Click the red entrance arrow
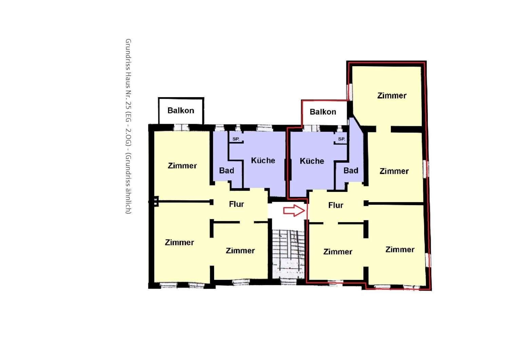coord(294,211)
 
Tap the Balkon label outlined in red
coord(323,112)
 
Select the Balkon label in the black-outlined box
coord(181,110)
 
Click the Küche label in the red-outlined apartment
coord(312,161)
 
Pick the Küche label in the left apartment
coord(263,161)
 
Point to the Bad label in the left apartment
coord(227,170)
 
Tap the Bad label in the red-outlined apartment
coord(351,170)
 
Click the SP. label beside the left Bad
coord(236,139)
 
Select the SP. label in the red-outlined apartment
coord(341,139)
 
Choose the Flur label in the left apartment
coord(237,204)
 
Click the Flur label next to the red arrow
coord(336,205)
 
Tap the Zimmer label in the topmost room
coord(392,95)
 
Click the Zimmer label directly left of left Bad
coord(182,165)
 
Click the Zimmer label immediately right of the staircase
coord(338,252)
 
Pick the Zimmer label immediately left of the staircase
coord(240,251)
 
